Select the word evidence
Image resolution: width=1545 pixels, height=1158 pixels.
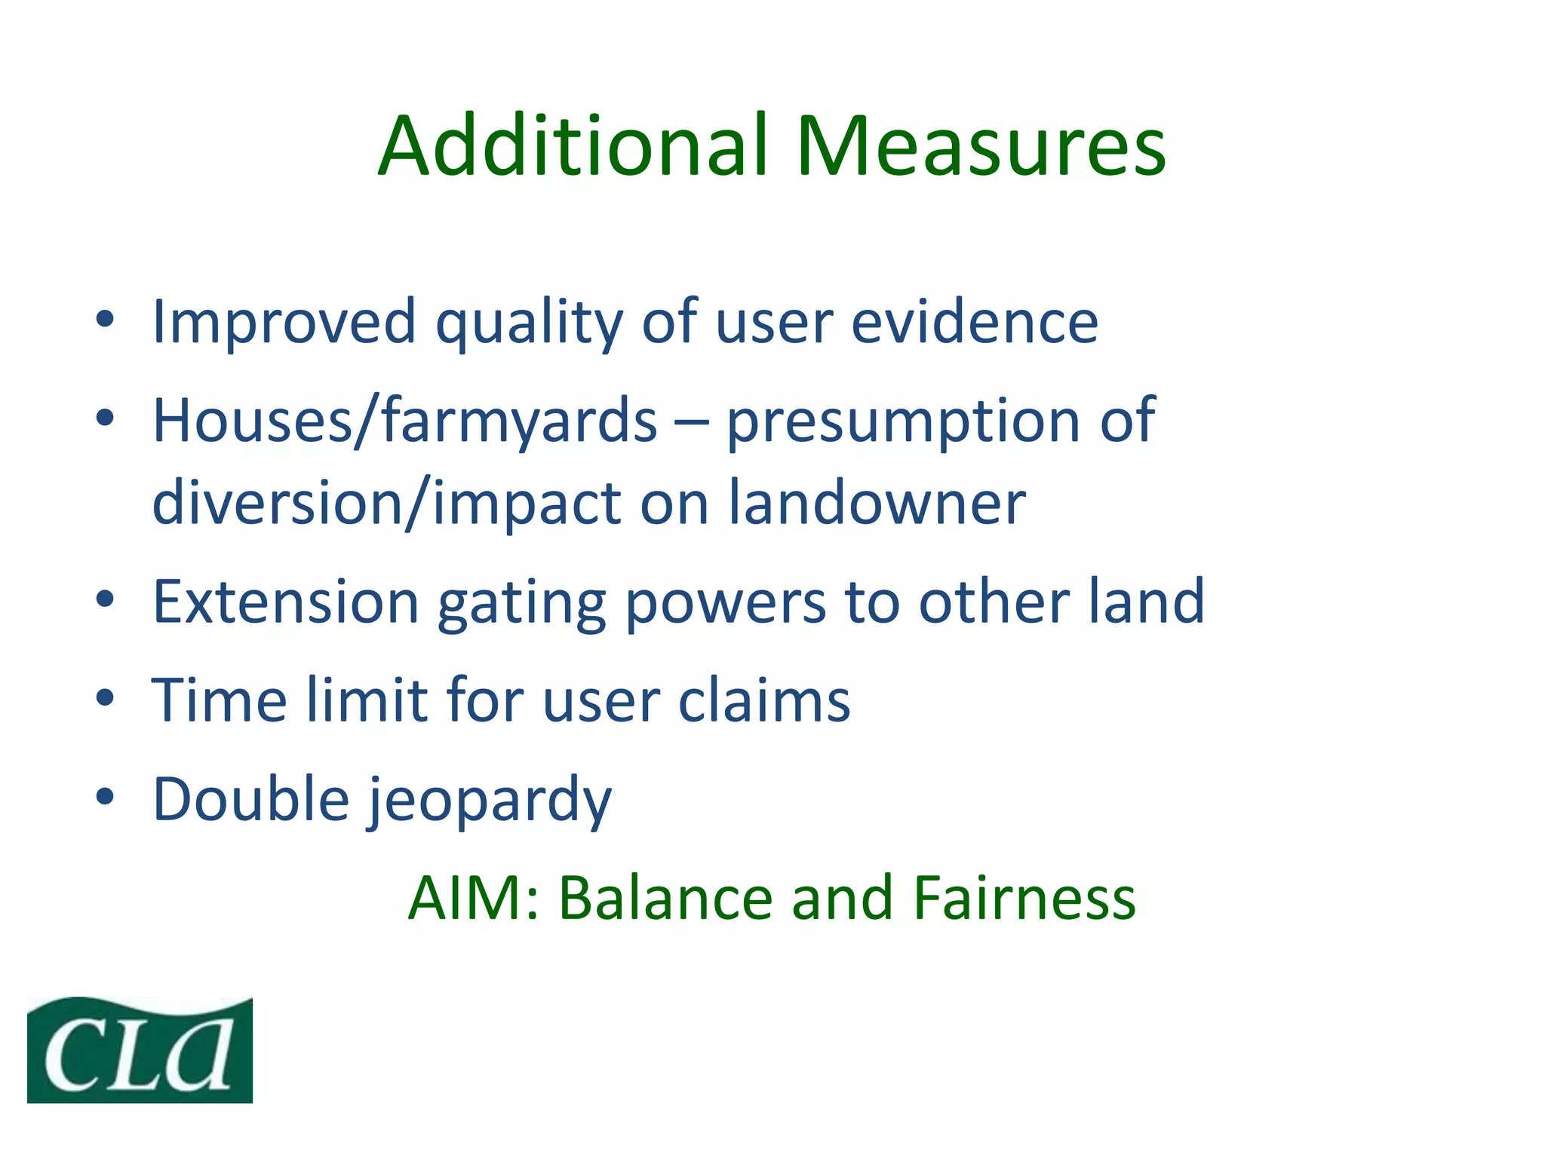coord(975,323)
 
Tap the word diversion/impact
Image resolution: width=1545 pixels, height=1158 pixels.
coord(386,504)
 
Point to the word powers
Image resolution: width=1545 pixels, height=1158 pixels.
coord(726,603)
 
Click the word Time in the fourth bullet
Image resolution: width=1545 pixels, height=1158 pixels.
coord(220,700)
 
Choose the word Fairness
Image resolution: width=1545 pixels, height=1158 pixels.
coord(1024,899)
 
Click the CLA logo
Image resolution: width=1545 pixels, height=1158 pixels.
coord(140,1050)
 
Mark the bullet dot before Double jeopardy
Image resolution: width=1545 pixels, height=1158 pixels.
coord(105,796)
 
